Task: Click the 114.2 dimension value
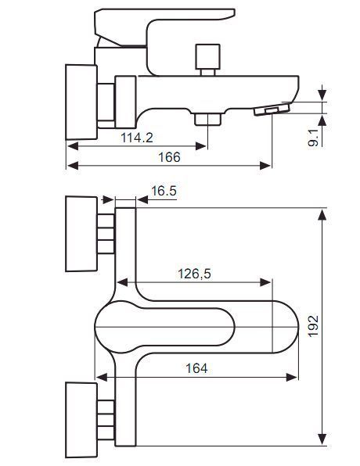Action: pos(137,138)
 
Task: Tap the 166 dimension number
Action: pos(169,157)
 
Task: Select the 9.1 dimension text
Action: pos(313,138)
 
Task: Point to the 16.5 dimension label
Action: pos(164,191)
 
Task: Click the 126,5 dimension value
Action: pos(194,274)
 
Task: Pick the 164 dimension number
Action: pos(196,368)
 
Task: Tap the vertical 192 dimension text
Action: pos(313,326)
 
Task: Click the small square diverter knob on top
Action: pos(207,57)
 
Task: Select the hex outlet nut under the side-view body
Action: pos(207,119)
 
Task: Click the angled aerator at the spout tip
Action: pos(272,109)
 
